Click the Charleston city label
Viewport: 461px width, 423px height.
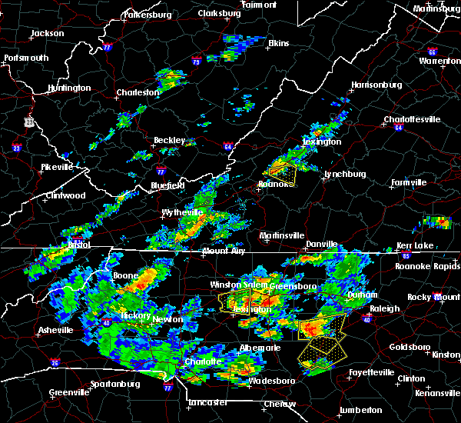point(138,93)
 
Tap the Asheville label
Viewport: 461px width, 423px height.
point(55,331)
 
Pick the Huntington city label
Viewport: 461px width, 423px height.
point(68,88)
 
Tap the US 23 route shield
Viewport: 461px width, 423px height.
point(28,122)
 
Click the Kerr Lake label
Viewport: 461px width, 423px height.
point(416,245)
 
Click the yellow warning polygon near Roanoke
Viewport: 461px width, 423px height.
point(284,173)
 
